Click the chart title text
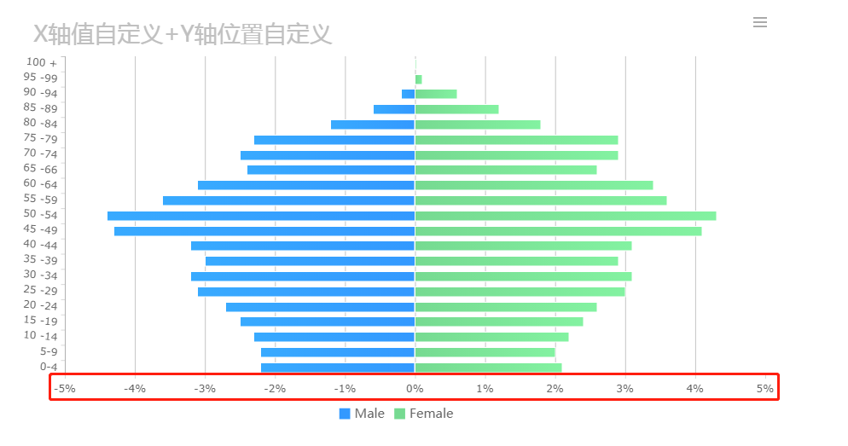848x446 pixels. pos(183,34)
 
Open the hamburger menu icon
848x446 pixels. pos(760,22)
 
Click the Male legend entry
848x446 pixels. pos(362,414)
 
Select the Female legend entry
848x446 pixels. pos(423,414)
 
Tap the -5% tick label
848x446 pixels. pos(65,389)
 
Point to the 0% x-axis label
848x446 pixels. pos(415,389)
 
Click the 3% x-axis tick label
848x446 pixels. pos(625,389)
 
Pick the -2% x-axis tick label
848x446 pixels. pos(275,389)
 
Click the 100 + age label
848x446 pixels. pos(41,62)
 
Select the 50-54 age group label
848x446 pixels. pos(41,215)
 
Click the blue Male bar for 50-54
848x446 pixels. pos(260,216)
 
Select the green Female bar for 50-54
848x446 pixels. pos(565,216)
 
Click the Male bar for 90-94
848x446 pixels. pos(408,94)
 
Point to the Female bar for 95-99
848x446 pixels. pos(418,79)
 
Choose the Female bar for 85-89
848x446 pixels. pos(456,109)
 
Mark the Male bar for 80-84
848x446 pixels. pos(372,125)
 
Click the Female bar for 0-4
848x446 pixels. pos(488,368)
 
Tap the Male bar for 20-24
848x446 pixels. pos(320,307)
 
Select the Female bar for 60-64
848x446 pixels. pos(533,185)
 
